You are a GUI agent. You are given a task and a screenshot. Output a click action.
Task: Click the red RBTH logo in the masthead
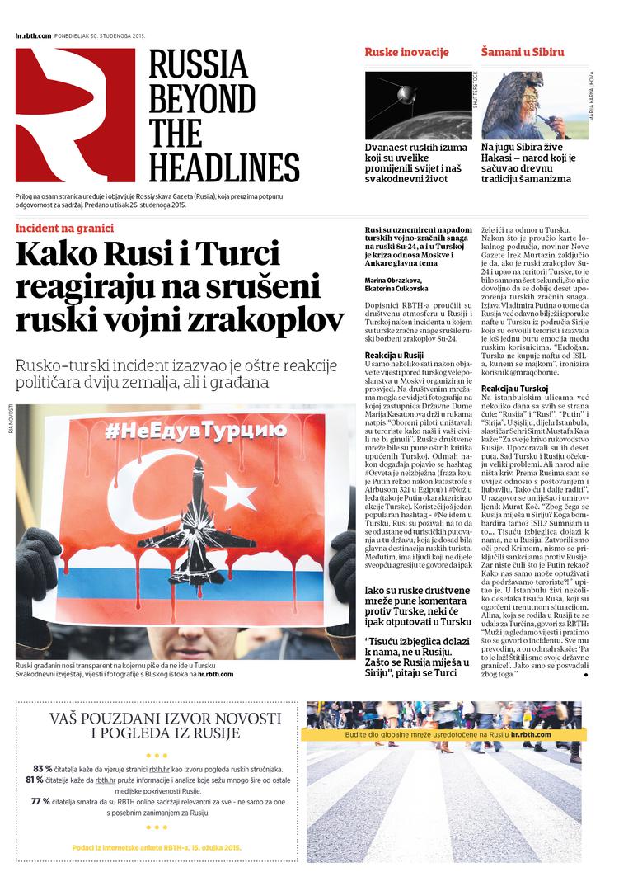click(74, 115)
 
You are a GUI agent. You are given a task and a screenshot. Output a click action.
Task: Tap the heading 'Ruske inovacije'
click(406, 52)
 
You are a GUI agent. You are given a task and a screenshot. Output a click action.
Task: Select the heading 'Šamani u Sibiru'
click(523, 52)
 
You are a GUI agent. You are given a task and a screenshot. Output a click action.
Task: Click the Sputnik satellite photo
click(418, 105)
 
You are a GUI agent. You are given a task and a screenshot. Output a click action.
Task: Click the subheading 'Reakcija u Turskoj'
click(514, 388)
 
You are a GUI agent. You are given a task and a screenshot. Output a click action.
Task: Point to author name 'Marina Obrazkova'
click(394, 280)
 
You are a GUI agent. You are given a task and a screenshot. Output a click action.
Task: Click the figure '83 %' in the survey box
click(43, 767)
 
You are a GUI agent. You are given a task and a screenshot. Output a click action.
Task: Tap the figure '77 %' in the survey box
click(40, 801)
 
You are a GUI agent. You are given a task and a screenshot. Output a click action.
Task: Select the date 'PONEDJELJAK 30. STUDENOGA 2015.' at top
click(99, 35)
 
